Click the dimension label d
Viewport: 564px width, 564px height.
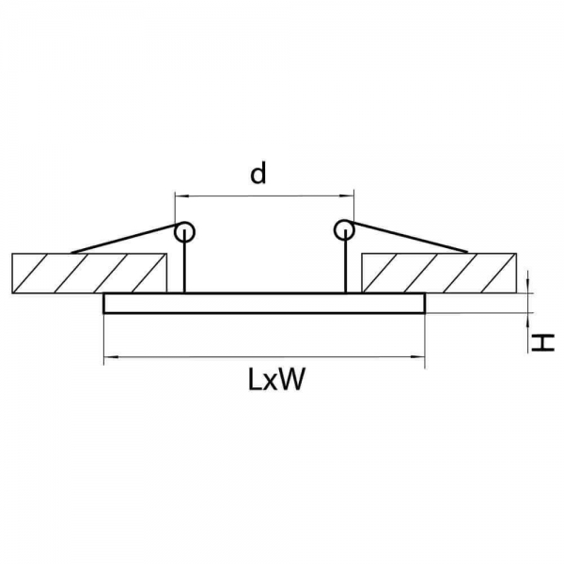pyautogui.click(x=258, y=173)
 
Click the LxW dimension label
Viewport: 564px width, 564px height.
pyautogui.click(x=276, y=380)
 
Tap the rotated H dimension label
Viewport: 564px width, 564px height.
pyautogui.click(x=543, y=342)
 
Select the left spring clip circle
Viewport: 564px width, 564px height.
pyautogui.click(x=184, y=231)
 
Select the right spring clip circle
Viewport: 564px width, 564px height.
pyautogui.click(x=344, y=230)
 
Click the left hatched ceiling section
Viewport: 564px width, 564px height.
pyautogui.click(x=89, y=274)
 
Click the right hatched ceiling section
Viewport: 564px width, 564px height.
pyautogui.click(x=439, y=274)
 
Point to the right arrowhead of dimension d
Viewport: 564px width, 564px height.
pyautogui.click(x=347, y=196)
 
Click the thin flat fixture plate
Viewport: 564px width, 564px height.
pyautogui.click(x=264, y=304)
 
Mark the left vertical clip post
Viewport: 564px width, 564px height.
pyautogui.click(x=184, y=261)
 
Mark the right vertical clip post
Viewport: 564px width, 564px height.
pyautogui.click(x=345, y=261)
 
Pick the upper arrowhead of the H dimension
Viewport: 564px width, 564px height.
pyautogui.click(x=527, y=287)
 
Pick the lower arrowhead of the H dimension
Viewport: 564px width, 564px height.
pyautogui.click(x=527, y=321)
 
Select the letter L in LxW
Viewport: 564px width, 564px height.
pyautogui.click(x=255, y=380)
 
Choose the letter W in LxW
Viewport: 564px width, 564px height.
pyautogui.click(x=291, y=380)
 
